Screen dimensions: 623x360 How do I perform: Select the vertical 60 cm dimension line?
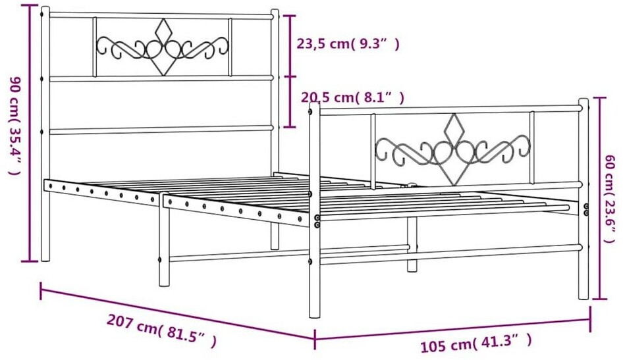[x=598, y=197]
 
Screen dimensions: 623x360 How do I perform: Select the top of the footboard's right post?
[x=583, y=103]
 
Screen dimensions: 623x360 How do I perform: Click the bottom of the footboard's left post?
[x=314, y=314]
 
